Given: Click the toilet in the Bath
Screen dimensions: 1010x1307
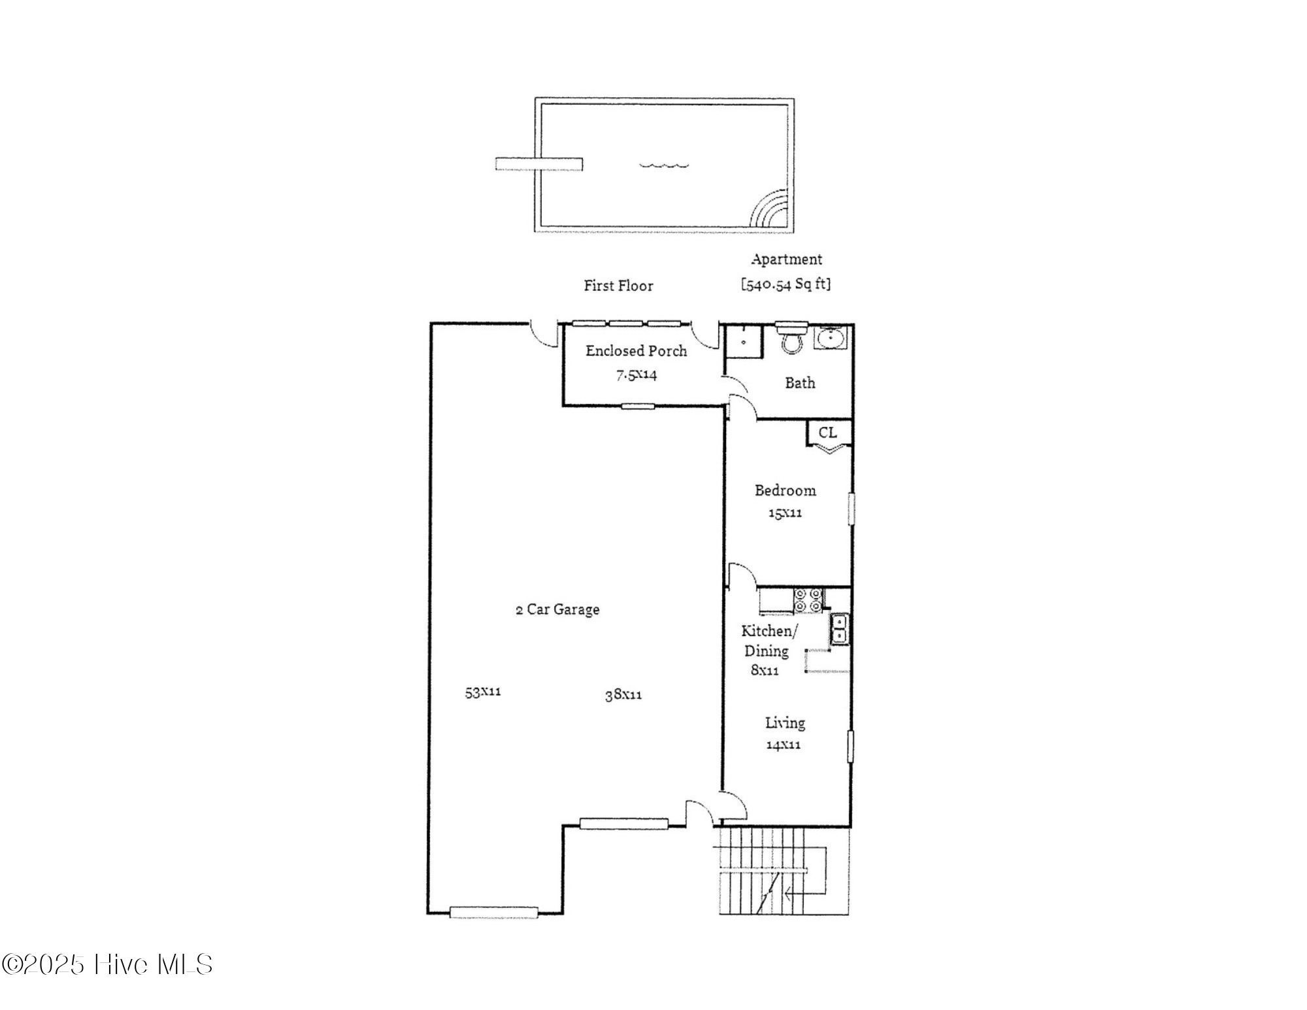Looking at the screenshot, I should pos(791,339).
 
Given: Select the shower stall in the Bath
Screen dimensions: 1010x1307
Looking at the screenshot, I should pos(744,341).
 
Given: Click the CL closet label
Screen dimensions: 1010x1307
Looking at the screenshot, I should pos(827,433).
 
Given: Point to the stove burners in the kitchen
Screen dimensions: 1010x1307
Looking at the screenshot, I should pos(808,601).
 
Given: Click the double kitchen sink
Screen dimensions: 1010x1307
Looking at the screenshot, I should pos(839,628).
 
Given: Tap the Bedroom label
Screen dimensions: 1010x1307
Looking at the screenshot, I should pos(785,490).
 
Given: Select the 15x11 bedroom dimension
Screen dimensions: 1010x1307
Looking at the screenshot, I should pos(785,513).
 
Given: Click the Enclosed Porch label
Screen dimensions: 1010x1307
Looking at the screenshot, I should pos(636,351).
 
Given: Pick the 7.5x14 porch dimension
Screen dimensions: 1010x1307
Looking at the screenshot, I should pos(637,375).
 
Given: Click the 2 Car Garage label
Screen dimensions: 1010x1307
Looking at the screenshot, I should pos(557,609).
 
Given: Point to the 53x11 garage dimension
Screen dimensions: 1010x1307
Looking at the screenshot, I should pos(483,692).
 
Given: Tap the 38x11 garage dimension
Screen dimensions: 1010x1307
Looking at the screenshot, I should pos(623,695).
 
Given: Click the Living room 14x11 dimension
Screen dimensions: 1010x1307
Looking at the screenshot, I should pos(784,745).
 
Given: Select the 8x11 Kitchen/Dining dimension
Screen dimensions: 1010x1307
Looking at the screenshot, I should pos(765,671).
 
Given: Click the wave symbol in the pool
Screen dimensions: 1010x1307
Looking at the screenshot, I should pos(664,165).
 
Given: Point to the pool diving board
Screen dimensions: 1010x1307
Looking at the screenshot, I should pos(539,163).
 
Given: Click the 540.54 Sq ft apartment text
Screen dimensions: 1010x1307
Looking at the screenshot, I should pos(786,284).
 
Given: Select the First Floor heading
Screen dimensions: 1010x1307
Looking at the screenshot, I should pos(618,286).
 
